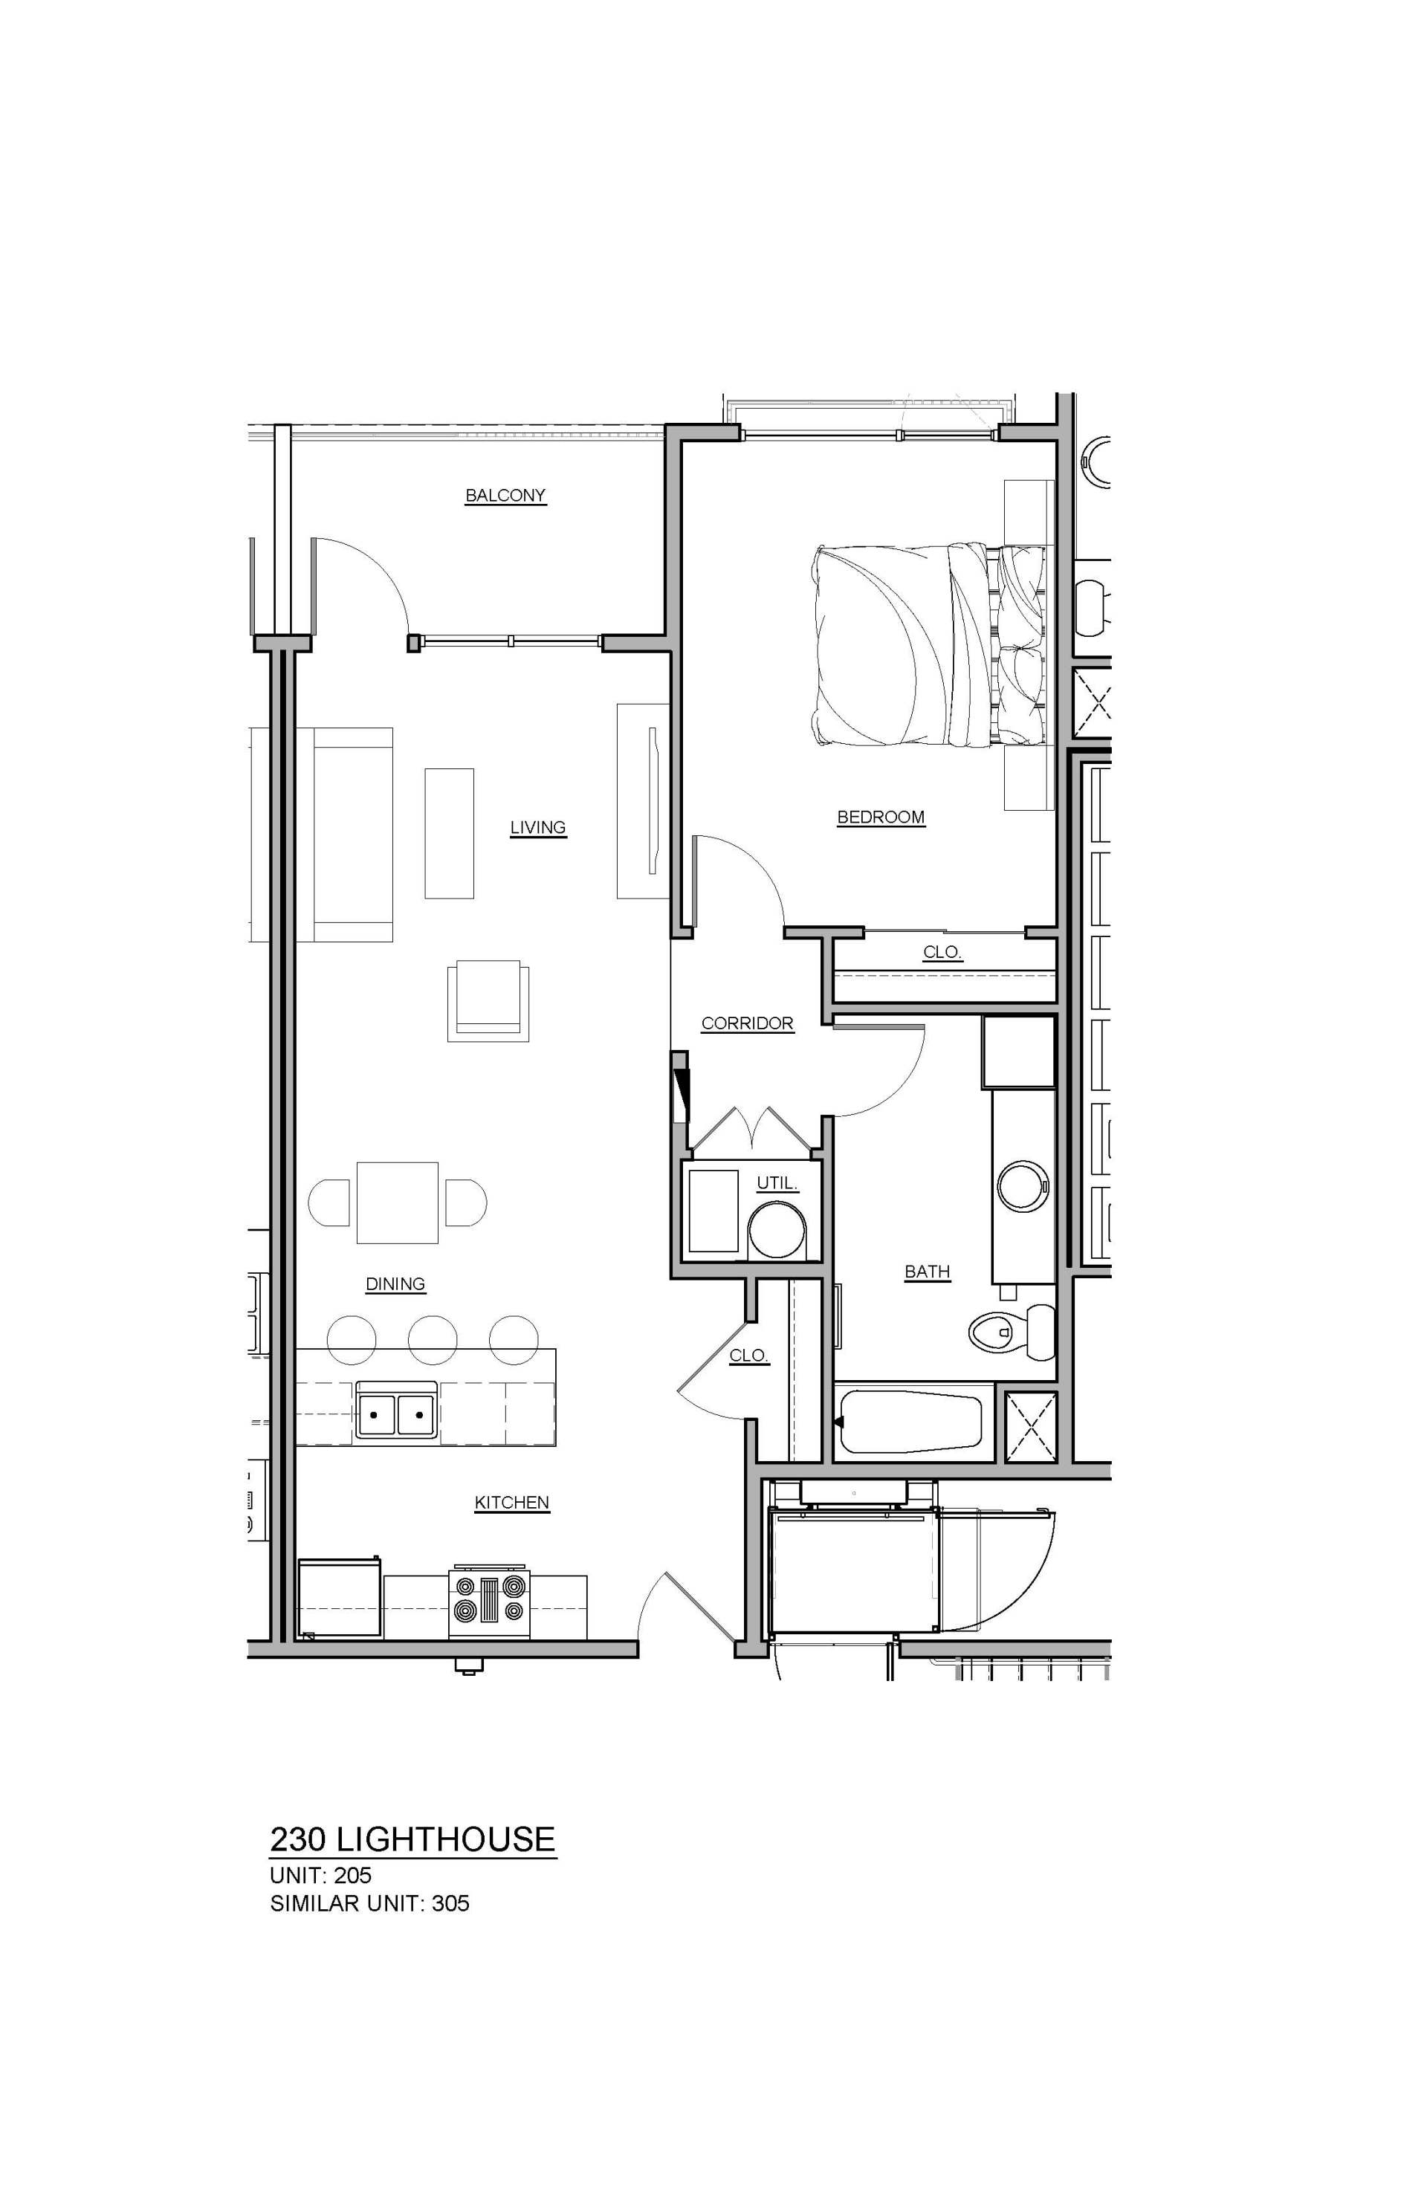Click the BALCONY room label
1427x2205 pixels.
505,496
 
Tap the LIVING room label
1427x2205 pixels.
537,827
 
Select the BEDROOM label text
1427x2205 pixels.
880,817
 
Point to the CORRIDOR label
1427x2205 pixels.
747,1024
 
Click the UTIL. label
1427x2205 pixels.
777,1183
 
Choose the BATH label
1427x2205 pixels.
927,1272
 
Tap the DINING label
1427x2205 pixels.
395,1284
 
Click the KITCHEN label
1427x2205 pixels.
511,1503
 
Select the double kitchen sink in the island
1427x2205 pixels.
395,1415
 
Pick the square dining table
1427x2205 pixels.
398,1202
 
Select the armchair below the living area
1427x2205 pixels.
488,1000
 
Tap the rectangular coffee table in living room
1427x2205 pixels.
450,833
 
